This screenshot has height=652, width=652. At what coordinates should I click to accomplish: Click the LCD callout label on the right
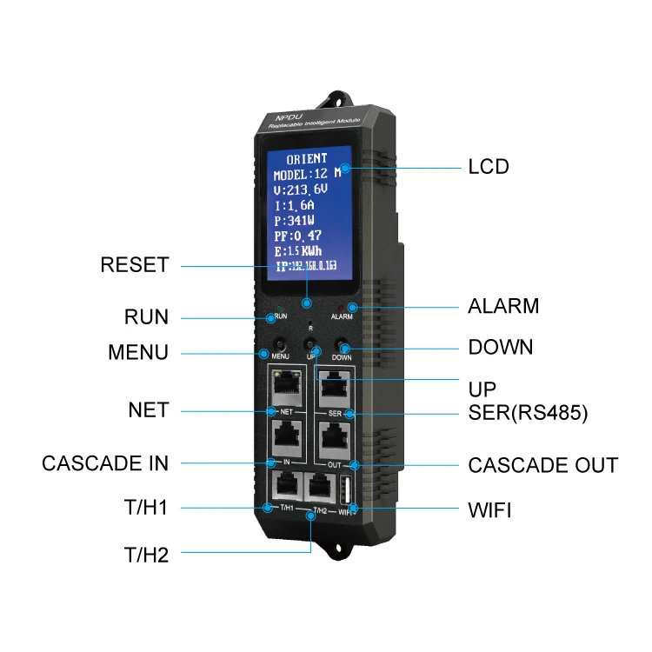coord(488,167)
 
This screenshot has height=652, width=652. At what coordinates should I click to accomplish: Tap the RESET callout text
coord(134,265)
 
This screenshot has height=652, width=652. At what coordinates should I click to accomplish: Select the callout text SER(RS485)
coord(528,415)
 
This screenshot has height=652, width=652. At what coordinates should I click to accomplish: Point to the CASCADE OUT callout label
coord(542,465)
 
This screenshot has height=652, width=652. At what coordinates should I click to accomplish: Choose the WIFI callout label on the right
coord(489,509)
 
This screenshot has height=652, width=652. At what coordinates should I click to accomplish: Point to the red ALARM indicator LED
coord(352,306)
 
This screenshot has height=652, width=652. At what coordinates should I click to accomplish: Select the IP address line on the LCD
coord(307,266)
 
